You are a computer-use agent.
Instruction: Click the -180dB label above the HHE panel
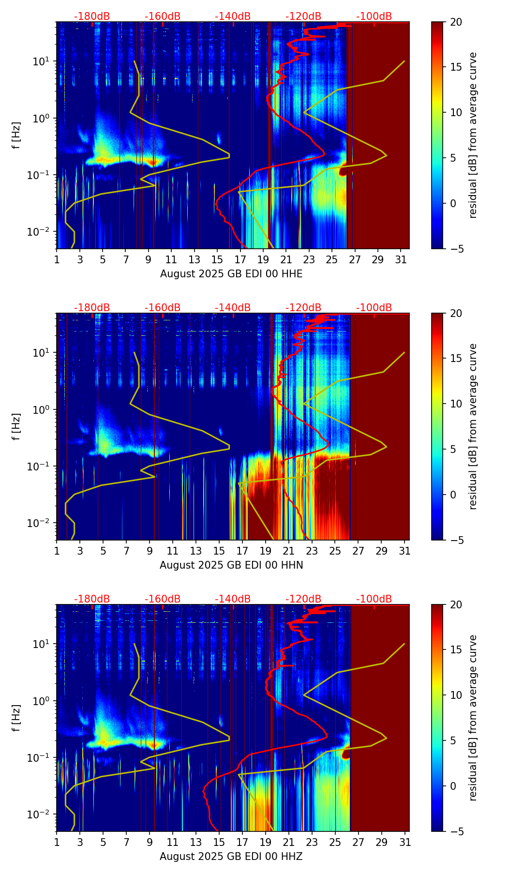click(92, 16)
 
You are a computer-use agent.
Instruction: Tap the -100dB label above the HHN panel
click(374, 308)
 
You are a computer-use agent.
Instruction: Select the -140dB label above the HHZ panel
click(233, 599)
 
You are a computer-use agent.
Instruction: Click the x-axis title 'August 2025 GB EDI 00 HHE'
click(231, 274)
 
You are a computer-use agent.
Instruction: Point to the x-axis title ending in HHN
click(231, 565)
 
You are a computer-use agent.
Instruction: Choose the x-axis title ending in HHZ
click(231, 857)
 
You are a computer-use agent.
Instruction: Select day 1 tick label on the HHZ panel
click(57, 843)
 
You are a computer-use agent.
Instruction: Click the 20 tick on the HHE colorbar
click(456, 22)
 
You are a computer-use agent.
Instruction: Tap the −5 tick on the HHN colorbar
click(456, 540)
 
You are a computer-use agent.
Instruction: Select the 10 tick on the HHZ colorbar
click(456, 695)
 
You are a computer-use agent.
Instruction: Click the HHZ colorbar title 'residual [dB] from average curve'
click(473, 718)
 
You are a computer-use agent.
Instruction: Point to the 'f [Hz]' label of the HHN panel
click(16, 426)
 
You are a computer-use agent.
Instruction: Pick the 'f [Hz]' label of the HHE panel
click(16, 135)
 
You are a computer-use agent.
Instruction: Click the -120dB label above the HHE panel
click(303, 16)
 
